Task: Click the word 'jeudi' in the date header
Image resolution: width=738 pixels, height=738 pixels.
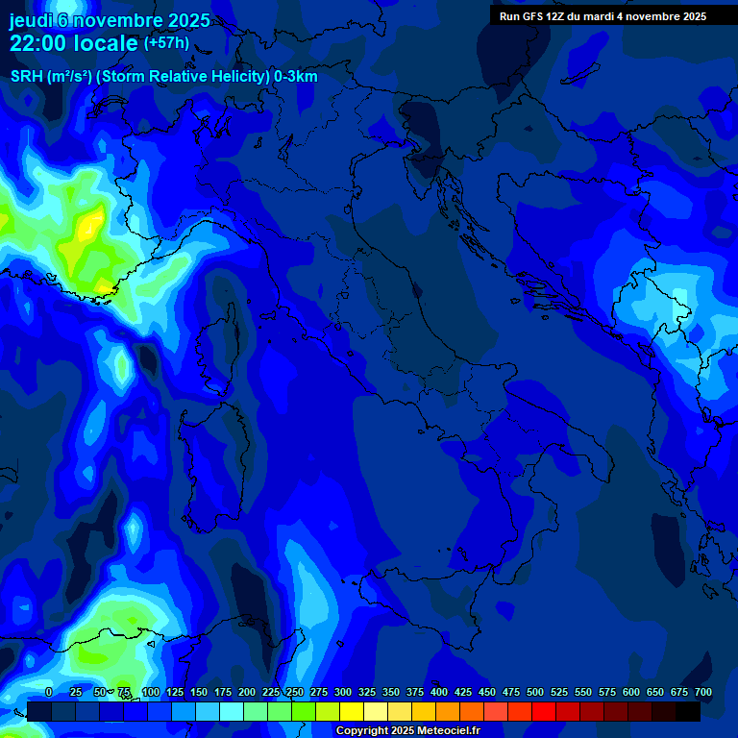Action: [x=33, y=20]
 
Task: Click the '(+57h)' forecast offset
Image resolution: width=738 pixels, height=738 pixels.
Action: [x=166, y=43]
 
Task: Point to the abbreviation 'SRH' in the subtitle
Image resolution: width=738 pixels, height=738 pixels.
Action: [x=27, y=77]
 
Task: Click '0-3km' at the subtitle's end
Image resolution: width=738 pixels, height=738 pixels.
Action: [x=296, y=77]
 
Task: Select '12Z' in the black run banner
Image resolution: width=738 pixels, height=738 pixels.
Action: [x=558, y=16]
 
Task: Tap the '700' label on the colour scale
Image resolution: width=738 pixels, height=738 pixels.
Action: [x=703, y=692]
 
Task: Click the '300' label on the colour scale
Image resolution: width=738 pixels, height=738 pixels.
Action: [x=343, y=692]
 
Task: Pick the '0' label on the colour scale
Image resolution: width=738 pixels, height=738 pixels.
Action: [x=49, y=692]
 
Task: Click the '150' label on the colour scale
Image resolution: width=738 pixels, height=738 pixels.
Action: [x=199, y=692]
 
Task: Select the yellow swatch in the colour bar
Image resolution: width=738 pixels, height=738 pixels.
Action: [x=352, y=711]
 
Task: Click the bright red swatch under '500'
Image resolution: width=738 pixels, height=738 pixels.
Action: [x=544, y=711]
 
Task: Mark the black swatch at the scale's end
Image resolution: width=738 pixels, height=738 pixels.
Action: [x=688, y=711]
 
